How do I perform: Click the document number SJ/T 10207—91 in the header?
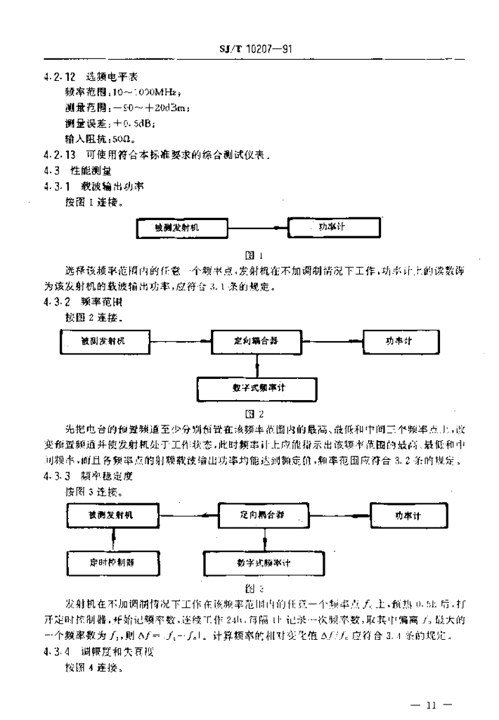click(x=256, y=50)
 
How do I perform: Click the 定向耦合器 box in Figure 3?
click(x=264, y=515)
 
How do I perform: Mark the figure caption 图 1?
click(x=257, y=255)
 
